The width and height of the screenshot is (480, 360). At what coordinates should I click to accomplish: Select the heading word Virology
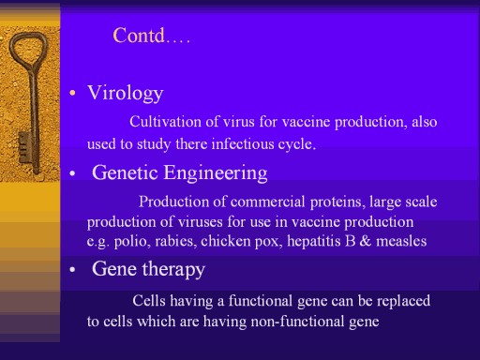126,94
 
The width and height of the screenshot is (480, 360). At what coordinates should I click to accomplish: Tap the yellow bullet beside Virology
72,93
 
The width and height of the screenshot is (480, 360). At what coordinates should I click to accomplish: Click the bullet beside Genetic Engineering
72,173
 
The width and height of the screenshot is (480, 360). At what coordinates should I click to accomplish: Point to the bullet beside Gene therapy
72,269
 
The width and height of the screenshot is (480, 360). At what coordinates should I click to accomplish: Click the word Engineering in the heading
216,173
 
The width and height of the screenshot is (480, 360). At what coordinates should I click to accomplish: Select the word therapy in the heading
173,269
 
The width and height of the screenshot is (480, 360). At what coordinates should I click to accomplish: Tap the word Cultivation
165,121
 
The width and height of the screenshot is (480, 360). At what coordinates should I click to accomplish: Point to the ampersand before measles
366,241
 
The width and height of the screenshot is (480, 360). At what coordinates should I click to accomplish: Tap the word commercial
268,202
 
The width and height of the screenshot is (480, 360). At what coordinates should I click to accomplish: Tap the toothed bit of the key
24,147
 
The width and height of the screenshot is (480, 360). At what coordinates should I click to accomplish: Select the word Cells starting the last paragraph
149,301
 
